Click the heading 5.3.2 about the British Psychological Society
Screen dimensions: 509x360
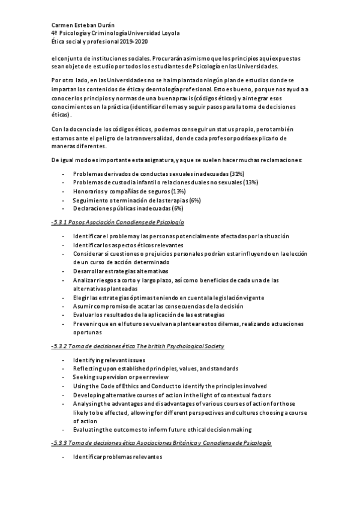[x=138, y=346]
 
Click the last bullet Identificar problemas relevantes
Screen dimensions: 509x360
[x=118, y=457]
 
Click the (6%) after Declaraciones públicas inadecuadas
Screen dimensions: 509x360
[x=177, y=208]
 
